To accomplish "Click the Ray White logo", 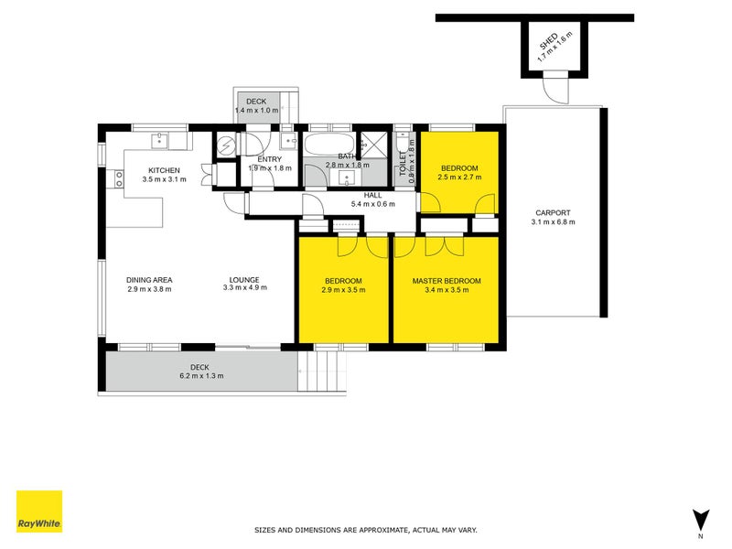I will [x=39, y=511].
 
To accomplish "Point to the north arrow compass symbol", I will [x=701, y=519].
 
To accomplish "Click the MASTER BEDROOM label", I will [x=446, y=280].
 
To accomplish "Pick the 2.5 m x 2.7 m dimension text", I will [x=459, y=178].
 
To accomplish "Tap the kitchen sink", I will [x=160, y=140].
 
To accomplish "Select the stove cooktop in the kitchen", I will [x=118, y=178].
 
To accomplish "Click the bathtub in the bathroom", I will [x=325, y=145].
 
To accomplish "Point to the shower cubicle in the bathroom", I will [x=373, y=143].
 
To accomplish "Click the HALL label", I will [x=372, y=195].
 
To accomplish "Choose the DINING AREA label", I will [x=149, y=280].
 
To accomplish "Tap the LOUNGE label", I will [x=244, y=280].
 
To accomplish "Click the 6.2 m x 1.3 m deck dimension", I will [x=200, y=375].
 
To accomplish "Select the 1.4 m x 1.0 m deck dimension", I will [x=256, y=110].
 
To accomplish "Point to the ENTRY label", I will [x=269, y=159].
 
